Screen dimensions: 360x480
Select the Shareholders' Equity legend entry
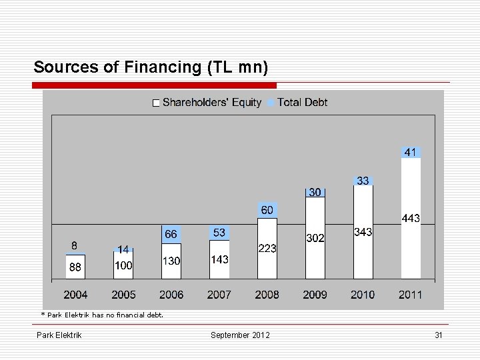tap(207, 103)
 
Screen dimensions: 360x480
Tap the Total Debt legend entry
tap(298, 103)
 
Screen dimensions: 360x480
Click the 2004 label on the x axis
tap(75, 295)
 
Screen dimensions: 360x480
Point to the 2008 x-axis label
tap(267, 295)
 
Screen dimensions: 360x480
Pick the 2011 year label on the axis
tap(410, 295)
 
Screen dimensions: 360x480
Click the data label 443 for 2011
tap(410, 218)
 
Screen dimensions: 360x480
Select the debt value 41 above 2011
tap(410, 152)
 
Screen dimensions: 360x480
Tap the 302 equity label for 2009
tap(315, 237)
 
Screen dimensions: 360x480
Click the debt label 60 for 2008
tap(267, 210)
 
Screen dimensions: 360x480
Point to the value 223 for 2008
tap(267, 248)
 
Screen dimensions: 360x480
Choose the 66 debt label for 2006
tap(171, 234)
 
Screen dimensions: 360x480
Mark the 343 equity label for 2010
tap(363, 232)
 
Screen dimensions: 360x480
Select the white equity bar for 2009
tap(315, 263)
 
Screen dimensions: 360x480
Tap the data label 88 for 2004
tap(75, 267)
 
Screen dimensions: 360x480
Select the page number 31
tap(438, 335)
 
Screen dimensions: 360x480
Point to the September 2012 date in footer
tap(240, 335)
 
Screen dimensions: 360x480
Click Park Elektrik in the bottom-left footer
tap(59, 335)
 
